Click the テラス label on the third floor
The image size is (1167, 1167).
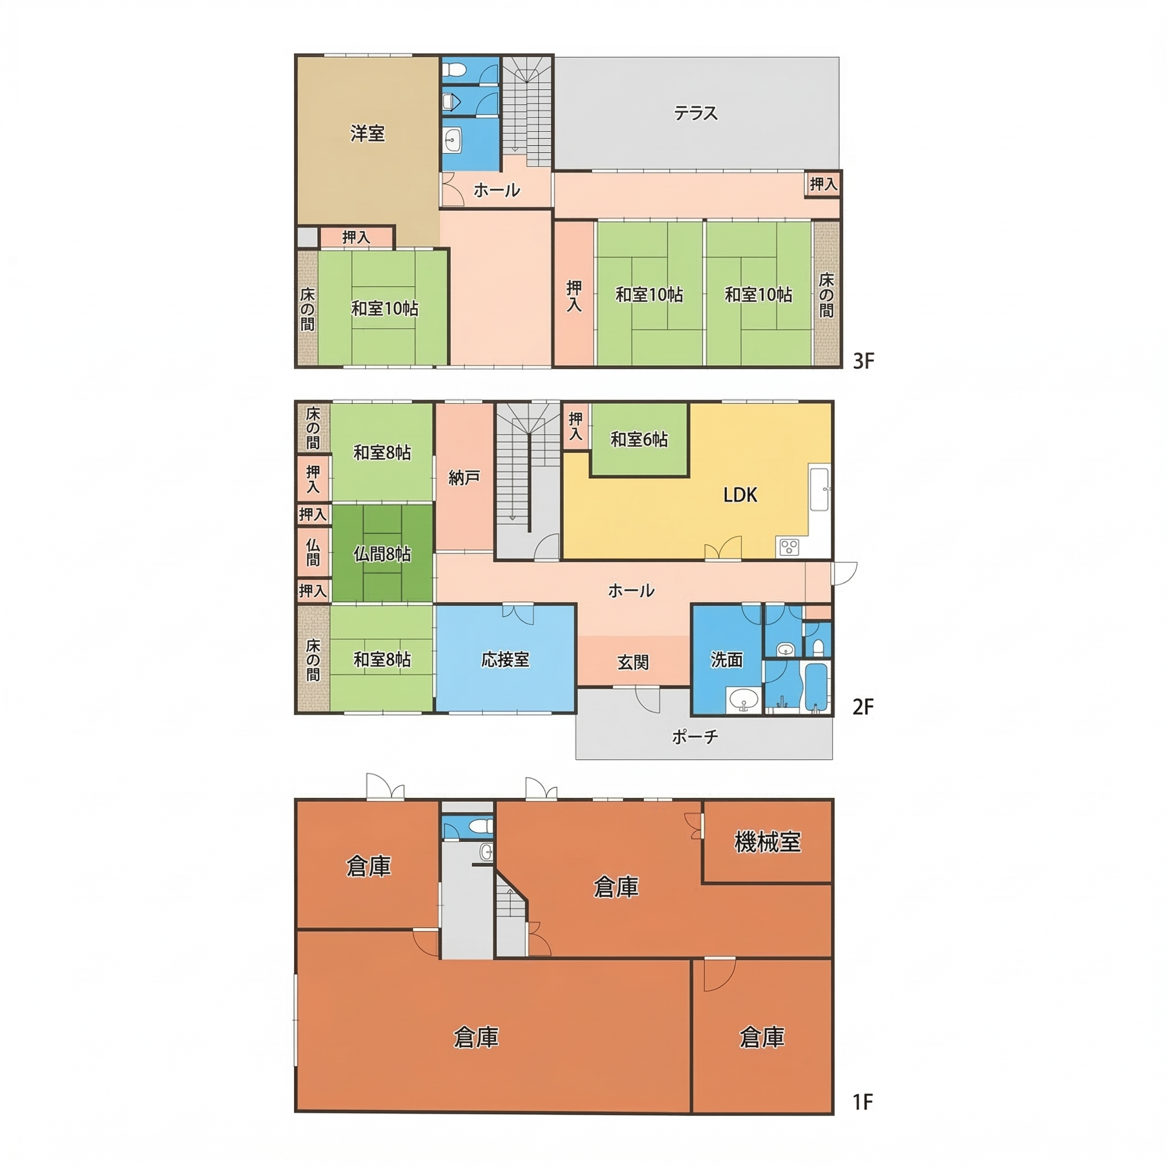696,113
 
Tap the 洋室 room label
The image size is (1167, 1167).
368,133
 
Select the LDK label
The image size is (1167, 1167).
740,495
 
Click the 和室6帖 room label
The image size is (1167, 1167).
639,439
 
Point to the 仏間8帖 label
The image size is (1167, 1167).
382,554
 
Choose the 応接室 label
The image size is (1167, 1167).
505,659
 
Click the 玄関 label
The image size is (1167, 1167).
633,662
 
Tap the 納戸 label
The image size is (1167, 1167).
464,479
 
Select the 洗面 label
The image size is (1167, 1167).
726,660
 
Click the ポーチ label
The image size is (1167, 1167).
695,736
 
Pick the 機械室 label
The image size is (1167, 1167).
767,842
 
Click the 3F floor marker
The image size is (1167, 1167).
863,361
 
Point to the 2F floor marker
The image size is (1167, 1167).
863,707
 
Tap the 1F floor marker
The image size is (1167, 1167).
863,1103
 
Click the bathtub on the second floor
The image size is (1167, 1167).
815,688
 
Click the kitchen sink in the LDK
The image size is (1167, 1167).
819,489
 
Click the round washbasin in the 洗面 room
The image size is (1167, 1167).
744,701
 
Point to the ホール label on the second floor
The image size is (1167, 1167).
631,590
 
